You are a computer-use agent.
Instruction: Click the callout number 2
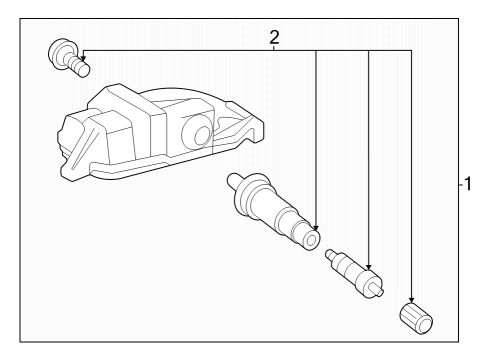pos(274,38)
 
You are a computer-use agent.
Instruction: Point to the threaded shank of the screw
pos(79,67)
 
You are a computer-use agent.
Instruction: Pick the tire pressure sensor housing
pos(150,135)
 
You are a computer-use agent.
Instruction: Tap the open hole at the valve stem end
pos(314,241)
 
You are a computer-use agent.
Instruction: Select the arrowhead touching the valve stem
pos(316,226)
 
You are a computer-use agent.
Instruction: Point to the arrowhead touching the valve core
pos(369,267)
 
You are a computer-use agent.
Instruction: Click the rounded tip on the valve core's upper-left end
pos(329,255)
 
